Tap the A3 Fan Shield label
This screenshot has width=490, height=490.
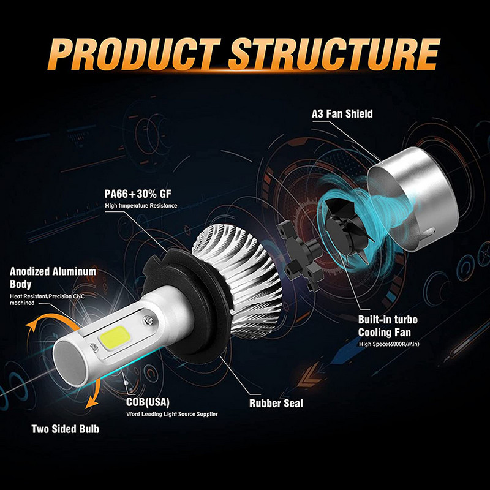point(341,114)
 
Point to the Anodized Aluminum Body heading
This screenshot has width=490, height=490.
point(53,277)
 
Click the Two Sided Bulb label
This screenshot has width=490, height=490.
point(64,429)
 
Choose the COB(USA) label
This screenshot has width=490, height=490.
point(148,402)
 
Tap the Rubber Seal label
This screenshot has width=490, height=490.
point(276,404)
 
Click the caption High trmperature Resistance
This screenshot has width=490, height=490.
point(141,206)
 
